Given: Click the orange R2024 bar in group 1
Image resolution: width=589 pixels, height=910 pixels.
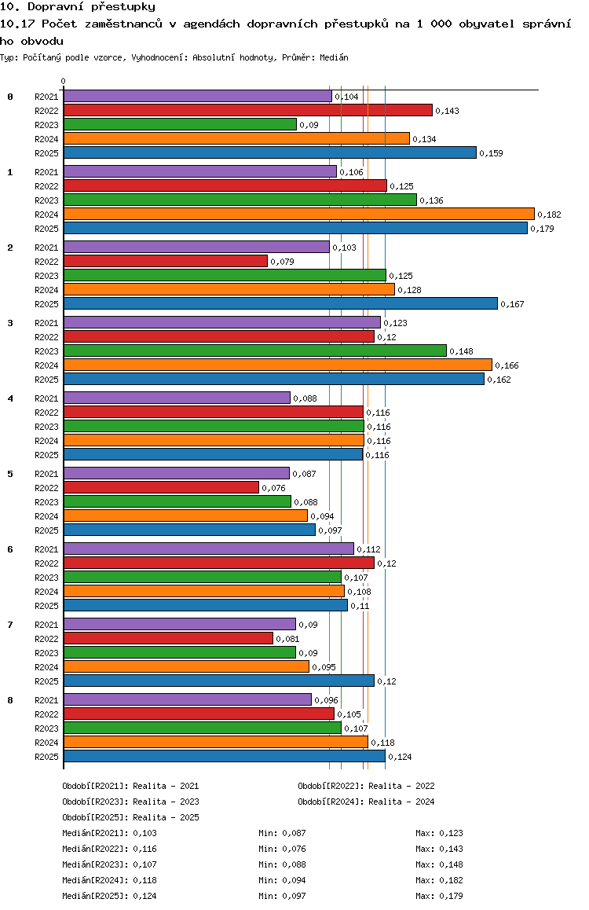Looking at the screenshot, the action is [298, 215].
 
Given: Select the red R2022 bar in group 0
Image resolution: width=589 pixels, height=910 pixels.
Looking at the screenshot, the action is [248, 110].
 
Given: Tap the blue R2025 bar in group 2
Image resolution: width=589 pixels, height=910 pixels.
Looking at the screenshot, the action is [280, 303].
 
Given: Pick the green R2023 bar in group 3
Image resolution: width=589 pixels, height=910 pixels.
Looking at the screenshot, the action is [255, 350].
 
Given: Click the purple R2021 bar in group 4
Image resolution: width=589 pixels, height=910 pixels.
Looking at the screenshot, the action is [177, 398].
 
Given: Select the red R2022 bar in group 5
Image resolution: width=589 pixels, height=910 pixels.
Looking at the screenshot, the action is [161, 487].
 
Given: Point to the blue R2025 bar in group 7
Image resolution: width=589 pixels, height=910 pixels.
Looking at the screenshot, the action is [219, 681].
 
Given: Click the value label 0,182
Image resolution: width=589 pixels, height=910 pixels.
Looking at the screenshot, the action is [550, 215].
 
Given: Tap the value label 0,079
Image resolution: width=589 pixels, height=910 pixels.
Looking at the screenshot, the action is [282, 262].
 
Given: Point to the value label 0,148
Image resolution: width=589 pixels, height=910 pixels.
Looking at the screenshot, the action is [462, 351].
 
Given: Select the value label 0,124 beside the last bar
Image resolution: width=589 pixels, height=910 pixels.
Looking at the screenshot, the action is [400, 757].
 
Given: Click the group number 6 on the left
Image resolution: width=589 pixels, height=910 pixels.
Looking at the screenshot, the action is [10, 549].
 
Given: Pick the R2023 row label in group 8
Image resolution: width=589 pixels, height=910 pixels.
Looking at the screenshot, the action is [46, 728].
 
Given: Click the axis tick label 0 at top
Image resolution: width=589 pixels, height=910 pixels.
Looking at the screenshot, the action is [63, 81].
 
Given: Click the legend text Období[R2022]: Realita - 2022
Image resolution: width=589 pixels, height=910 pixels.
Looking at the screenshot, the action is [367, 786].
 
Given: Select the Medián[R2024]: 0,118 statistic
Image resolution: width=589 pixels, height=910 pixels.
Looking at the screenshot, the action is [110, 880].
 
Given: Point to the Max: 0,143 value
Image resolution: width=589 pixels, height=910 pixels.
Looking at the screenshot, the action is [440, 849].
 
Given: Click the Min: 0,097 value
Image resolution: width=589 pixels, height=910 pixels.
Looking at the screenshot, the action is [282, 896].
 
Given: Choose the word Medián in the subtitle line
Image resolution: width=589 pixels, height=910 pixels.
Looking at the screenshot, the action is [334, 57].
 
